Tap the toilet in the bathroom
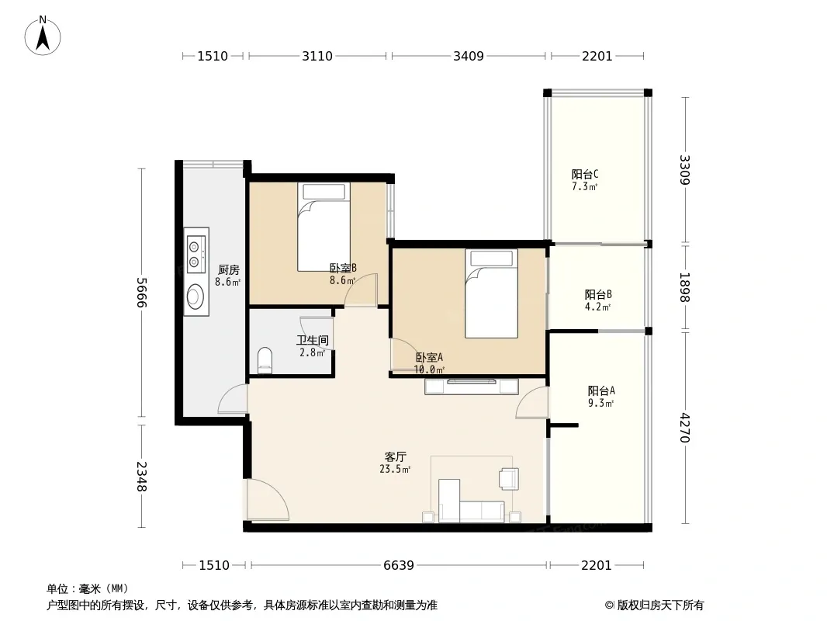[x=265, y=359]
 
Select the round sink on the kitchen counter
[x=196, y=297]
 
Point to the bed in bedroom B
[x=324, y=227]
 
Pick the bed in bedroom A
[x=491, y=293]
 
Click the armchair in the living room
[x=509, y=478]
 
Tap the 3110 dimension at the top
[x=317, y=56]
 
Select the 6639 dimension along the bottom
[x=399, y=565]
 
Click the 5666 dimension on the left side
[x=141, y=293]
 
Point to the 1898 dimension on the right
[x=684, y=287]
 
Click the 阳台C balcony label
[x=585, y=174]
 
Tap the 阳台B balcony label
[x=598, y=294]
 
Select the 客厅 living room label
[x=395, y=456]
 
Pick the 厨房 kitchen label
[x=228, y=269]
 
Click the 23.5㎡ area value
[x=395, y=469]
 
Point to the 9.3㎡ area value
[x=600, y=403]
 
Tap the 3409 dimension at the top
[x=469, y=56]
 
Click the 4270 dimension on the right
[x=684, y=428]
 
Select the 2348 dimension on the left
[x=141, y=477]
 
